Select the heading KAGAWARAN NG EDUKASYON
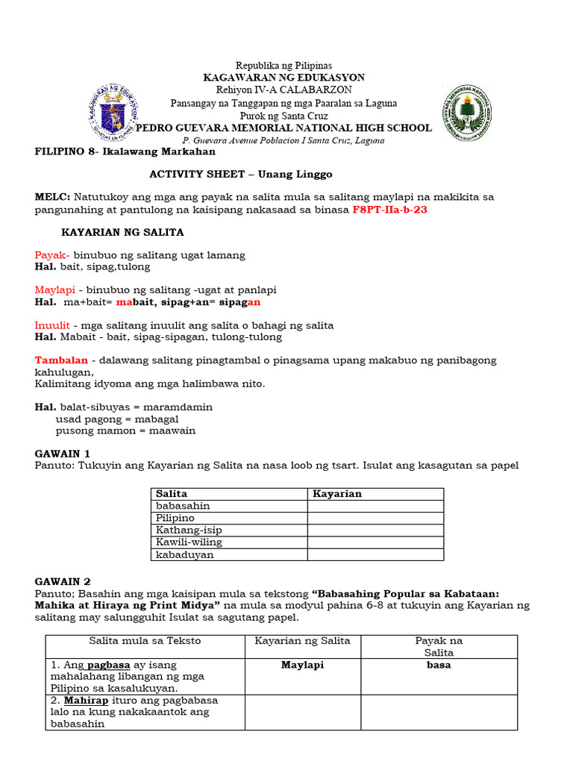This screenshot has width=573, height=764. [284, 78]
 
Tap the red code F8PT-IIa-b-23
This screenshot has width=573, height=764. [390, 210]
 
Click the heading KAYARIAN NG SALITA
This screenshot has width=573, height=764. [122, 233]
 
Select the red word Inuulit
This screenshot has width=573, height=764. [52, 325]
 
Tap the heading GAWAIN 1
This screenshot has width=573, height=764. [63, 454]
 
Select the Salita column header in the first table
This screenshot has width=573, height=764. [172, 494]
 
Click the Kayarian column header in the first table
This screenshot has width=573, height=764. [337, 494]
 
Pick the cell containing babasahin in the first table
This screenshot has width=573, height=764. [183, 506]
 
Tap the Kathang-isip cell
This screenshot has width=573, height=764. [189, 530]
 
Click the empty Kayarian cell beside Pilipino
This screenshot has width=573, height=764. [375, 518]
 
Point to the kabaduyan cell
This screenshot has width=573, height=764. [184, 555]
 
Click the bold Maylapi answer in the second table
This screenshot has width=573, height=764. [302, 665]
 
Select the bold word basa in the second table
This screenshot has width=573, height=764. [439, 665]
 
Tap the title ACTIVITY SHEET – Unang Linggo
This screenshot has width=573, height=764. [240, 174]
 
